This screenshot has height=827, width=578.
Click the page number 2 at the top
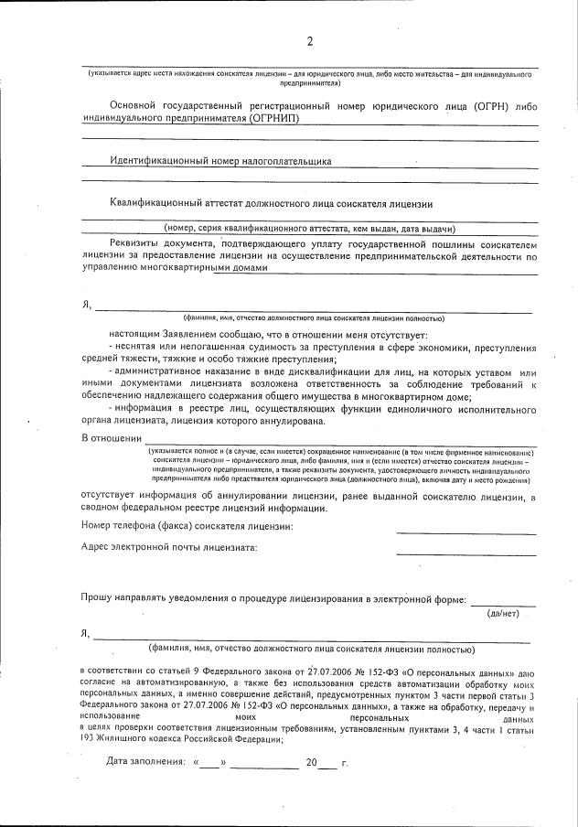click(x=309, y=41)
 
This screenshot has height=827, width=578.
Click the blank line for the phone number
click(x=466, y=532)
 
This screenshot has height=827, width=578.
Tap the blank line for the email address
click(x=466, y=552)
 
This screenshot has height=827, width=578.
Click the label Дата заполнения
click(x=144, y=761)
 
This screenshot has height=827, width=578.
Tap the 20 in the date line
click(x=311, y=761)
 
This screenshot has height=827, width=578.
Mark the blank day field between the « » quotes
click(x=209, y=761)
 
